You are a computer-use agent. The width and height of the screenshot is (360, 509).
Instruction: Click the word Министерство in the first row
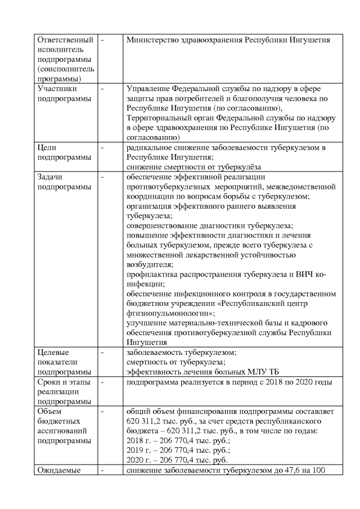click(x=152, y=40)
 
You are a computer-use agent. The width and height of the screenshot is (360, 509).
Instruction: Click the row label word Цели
click(x=47, y=147)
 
